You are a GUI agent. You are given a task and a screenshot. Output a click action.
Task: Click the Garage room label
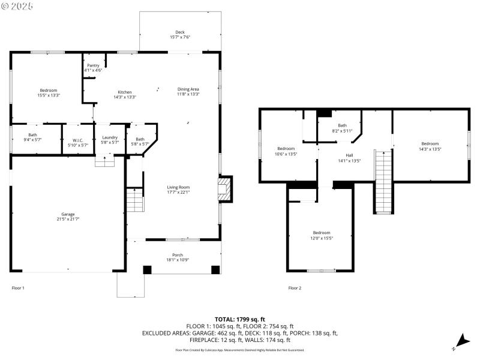click(67, 214)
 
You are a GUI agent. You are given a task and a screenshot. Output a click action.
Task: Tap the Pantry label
click(93, 65)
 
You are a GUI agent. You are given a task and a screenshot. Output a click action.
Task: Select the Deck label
click(179, 32)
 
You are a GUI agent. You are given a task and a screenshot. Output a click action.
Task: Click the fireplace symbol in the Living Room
click(224, 187)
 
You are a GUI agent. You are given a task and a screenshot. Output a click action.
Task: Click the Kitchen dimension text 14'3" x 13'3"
click(125, 97)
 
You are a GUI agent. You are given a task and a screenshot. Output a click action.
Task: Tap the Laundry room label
click(110, 137)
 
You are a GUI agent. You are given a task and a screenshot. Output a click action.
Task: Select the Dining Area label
click(188, 89)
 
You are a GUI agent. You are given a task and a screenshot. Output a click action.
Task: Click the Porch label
click(178, 254)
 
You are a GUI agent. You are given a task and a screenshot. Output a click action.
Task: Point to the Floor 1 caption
click(19, 288)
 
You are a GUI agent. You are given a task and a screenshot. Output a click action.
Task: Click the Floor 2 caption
click(295, 288)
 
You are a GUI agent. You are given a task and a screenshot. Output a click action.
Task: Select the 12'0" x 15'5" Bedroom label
click(321, 233)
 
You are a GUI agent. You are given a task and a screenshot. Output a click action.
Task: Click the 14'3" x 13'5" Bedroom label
click(430, 143)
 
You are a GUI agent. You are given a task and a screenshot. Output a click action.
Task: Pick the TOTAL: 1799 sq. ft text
click(240, 319)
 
